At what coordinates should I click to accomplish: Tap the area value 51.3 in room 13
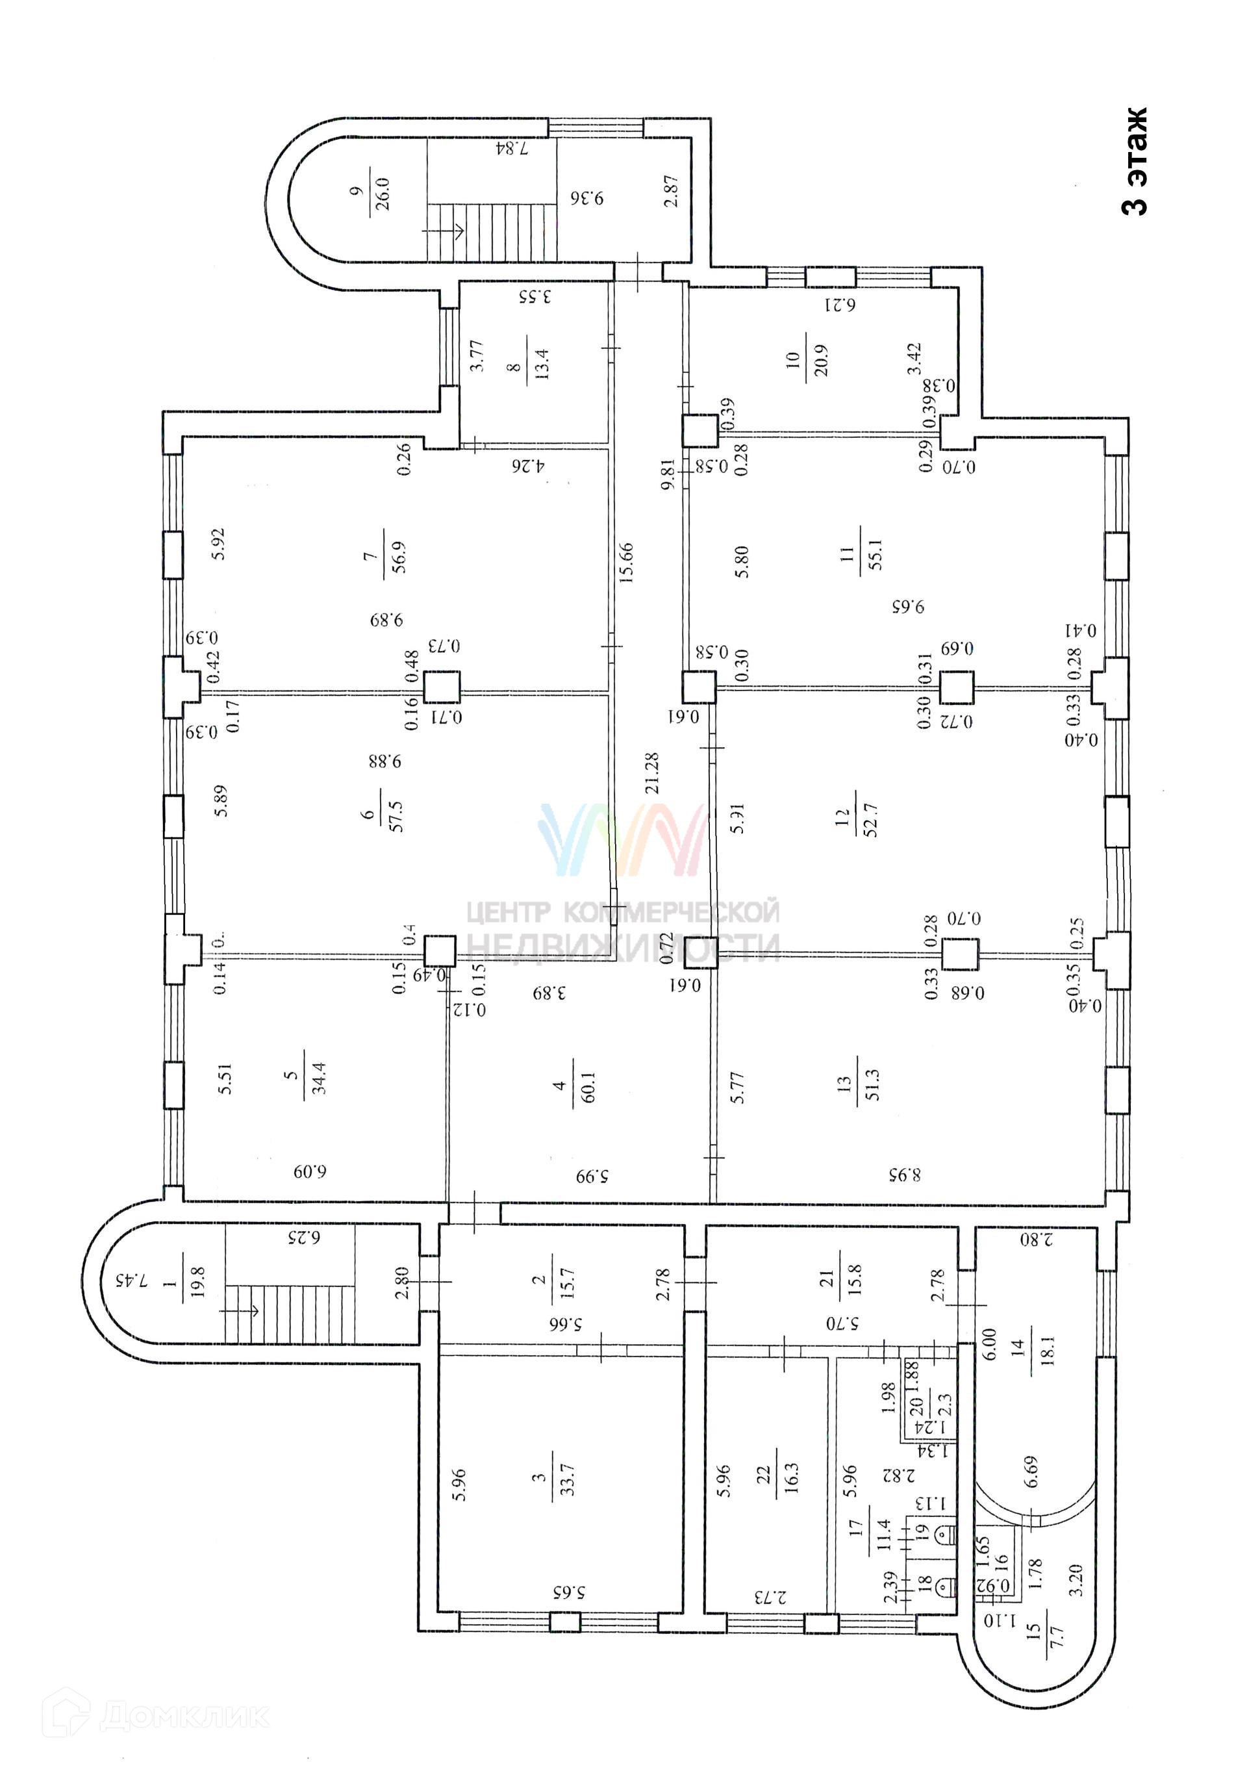pos(872,1084)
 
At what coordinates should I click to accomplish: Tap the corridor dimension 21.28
pos(653,773)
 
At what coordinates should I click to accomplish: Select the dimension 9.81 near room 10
pos(668,474)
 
